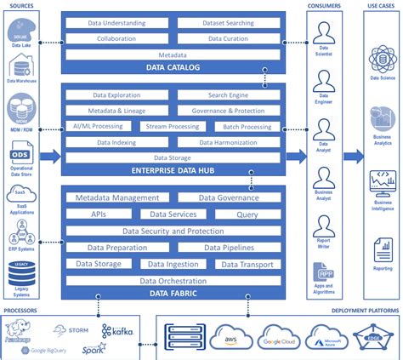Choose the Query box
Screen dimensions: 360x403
tap(247, 214)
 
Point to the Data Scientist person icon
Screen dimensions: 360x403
tap(322, 34)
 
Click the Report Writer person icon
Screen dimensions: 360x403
tap(322, 227)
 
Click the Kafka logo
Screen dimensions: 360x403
tap(117, 331)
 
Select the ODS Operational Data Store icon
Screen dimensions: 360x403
tap(20, 157)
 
